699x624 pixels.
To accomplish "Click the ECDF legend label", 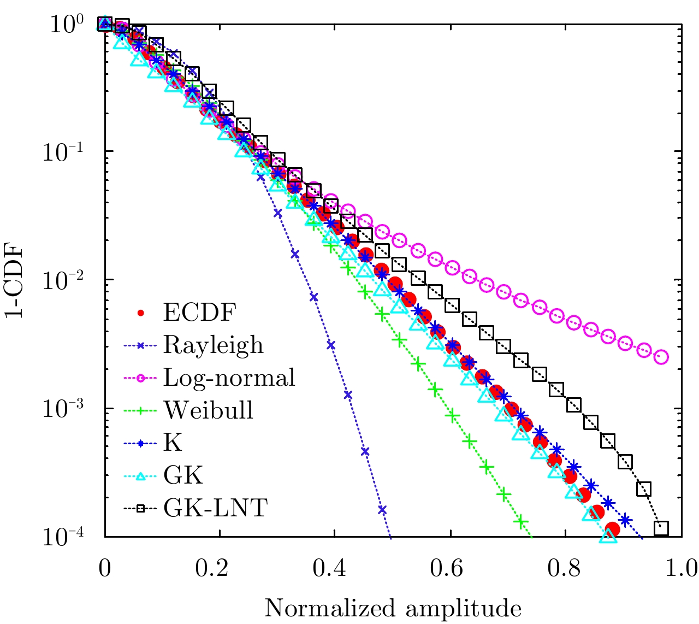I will point(199,313).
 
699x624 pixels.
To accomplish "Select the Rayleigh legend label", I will point(213,345).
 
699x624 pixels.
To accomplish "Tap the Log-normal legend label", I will point(229,378).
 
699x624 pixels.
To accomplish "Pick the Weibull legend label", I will point(209,410).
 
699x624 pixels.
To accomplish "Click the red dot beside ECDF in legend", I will point(141,313).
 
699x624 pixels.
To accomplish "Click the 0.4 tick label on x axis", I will point(335,569).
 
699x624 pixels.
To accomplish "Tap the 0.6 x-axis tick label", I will point(450,569).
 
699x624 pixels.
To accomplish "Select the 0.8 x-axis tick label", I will point(565,569).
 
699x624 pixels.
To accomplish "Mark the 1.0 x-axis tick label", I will point(680,569).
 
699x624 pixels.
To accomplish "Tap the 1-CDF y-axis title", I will point(17,281).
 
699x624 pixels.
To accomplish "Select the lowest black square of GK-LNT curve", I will point(661,528).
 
